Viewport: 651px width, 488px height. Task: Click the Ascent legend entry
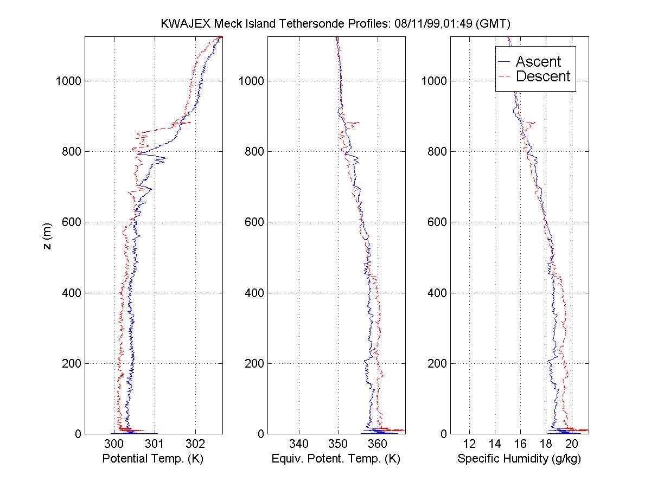click(x=538, y=61)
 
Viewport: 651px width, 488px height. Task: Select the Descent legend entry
click(x=542, y=76)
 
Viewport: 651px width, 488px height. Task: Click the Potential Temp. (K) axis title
click(x=152, y=459)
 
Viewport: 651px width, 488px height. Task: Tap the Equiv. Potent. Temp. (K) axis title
click(x=336, y=459)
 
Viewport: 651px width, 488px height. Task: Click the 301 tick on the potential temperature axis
click(x=155, y=444)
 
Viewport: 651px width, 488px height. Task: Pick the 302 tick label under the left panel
click(x=196, y=444)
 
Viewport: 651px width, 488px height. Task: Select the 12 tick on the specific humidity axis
click(x=469, y=444)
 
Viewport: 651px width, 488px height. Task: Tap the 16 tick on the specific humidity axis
click(x=520, y=444)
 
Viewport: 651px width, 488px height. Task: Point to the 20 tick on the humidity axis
click(x=571, y=444)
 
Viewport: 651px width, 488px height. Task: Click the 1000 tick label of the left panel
click(x=68, y=81)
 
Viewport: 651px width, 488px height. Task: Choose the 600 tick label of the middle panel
click(x=254, y=222)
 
